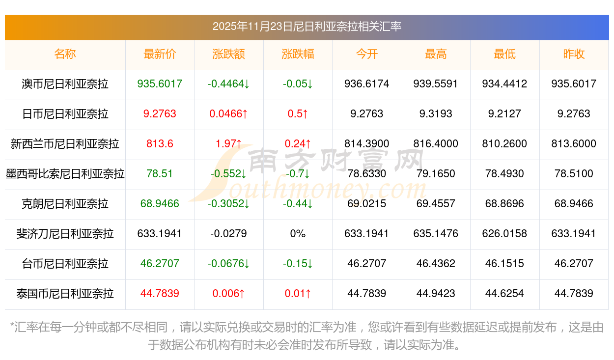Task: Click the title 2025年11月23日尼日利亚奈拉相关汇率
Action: [307, 27]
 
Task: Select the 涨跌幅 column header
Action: [298, 54]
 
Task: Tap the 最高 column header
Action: [436, 54]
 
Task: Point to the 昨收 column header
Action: [574, 54]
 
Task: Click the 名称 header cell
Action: [65, 54]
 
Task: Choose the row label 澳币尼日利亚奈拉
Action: [65, 84]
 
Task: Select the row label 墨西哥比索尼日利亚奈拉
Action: [65, 174]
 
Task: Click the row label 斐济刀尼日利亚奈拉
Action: [65, 234]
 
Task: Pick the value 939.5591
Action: [436, 84]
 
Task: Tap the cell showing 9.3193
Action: [436, 114]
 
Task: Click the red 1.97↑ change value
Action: [228, 144]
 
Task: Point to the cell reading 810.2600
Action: [504, 144]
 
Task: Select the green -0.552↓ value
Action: [228, 174]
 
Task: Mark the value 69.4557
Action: [436, 204]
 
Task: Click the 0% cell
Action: [298, 234]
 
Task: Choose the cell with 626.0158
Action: [504, 234]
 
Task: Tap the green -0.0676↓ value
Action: [228, 264]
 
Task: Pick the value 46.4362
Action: [436, 264]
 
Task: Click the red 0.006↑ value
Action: [228, 294]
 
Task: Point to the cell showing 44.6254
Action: [504, 294]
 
